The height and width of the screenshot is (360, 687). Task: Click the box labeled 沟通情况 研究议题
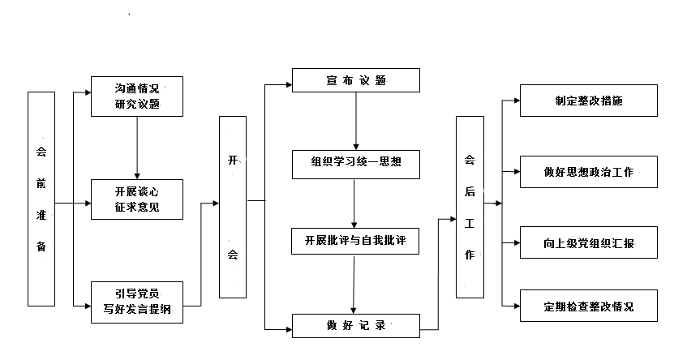[x=136, y=96]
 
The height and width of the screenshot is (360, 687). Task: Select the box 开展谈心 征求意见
[x=136, y=199]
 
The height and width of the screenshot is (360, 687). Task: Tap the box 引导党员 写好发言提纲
[x=136, y=301]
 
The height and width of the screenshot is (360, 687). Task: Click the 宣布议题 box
[x=356, y=80]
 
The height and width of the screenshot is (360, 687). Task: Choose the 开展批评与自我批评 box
[x=356, y=242]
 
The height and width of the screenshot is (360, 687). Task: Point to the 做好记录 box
[x=356, y=326]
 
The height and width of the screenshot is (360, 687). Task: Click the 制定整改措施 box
[x=588, y=101]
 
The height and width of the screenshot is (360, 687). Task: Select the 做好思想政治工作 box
[x=588, y=172]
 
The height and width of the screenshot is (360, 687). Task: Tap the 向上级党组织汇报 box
[x=588, y=242]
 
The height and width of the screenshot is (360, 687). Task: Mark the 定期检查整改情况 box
[x=588, y=306]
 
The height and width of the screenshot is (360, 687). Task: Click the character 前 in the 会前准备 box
[x=41, y=183]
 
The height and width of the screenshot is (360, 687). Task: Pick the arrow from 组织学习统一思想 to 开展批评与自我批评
[x=354, y=203]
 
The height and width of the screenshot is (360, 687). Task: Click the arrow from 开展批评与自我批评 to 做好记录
[x=354, y=283]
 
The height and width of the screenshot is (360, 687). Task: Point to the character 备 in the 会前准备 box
[x=41, y=246]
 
